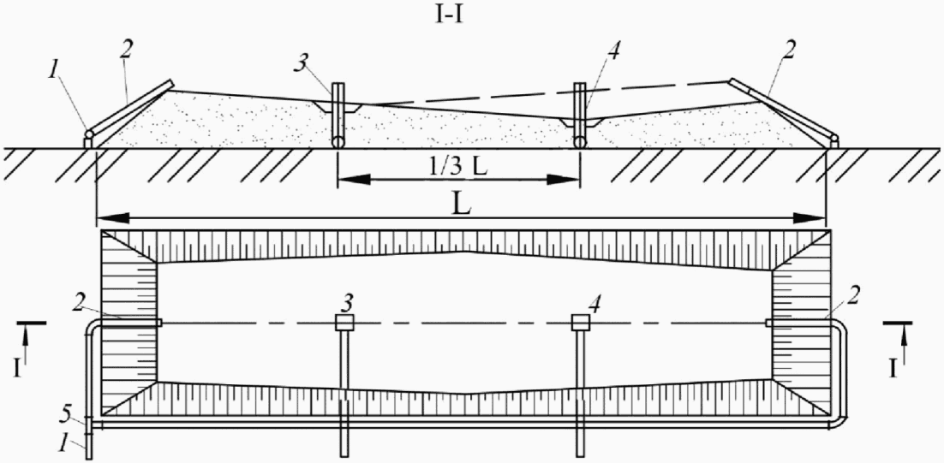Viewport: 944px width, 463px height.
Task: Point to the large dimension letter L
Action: [x=459, y=204]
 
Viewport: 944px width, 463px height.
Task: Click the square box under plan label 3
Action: [x=344, y=322]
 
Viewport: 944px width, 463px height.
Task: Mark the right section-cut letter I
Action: [x=895, y=368]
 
